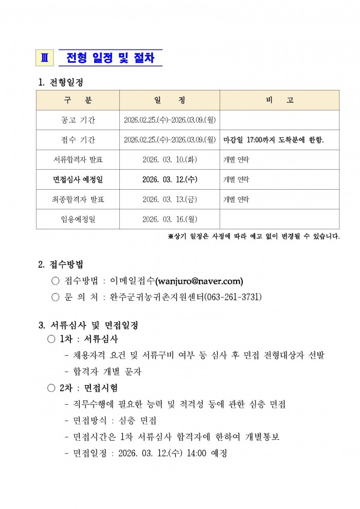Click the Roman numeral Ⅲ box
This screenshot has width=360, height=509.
coord(44,58)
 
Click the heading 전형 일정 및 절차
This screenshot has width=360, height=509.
coord(110,58)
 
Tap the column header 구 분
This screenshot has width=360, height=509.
coord(78,100)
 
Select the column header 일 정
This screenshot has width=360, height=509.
coord(170,100)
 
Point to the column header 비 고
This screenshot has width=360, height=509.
coord(279,100)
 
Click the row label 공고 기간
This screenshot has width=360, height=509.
coord(78,120)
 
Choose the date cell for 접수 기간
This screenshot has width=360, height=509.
coord(170,140)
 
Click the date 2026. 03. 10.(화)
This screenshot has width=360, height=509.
coord(170,160)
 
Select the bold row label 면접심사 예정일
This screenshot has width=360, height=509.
coord(78,180)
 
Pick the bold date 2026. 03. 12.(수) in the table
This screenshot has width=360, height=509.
coord(170,180)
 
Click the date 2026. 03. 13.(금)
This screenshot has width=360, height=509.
coord(170,199)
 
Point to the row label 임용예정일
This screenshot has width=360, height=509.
coord(78,220)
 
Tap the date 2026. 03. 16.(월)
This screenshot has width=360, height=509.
coord(170,220)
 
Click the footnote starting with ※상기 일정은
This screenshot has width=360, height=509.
coord(254,237)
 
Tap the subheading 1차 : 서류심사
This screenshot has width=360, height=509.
coord(89,339)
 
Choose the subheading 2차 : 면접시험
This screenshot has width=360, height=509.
coord(89,388)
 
